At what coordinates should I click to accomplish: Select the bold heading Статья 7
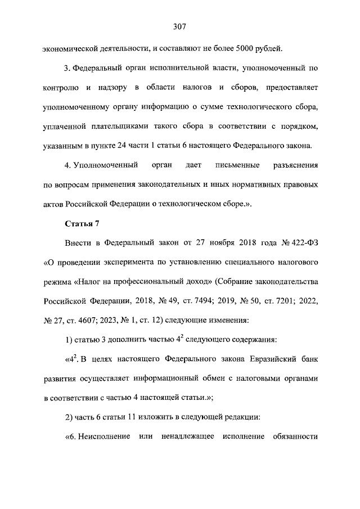(82, 223)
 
